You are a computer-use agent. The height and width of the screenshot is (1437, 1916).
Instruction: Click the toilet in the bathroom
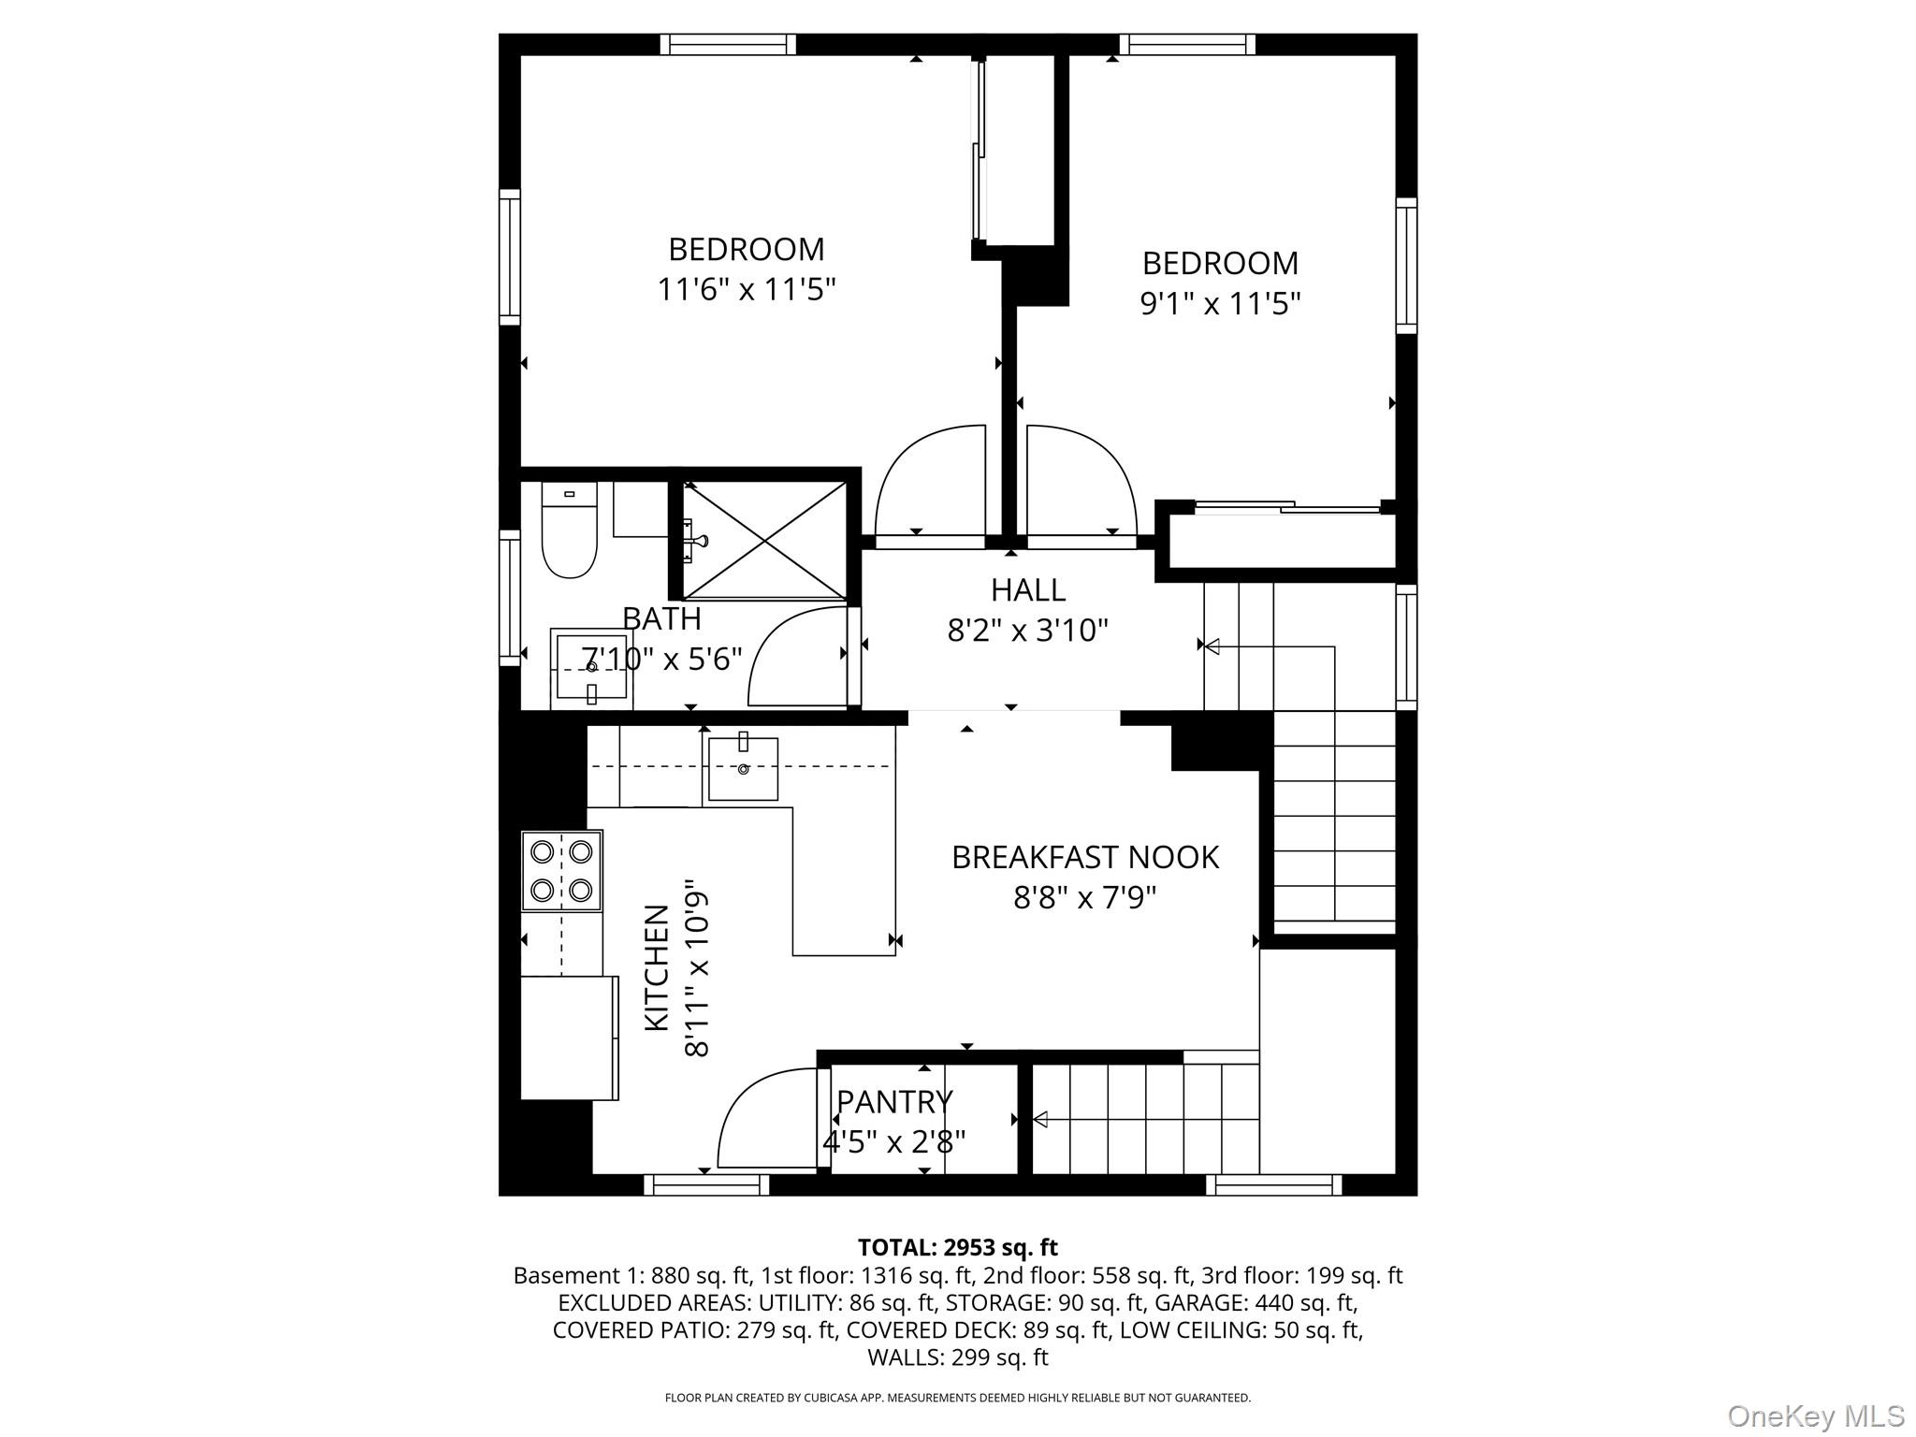pos(569,533)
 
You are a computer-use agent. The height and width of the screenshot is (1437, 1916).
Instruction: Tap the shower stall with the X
pos(764,541)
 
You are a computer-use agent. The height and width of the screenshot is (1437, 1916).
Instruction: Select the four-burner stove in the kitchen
pos(561,870)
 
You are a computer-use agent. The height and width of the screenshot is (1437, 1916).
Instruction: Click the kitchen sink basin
pos(743,769)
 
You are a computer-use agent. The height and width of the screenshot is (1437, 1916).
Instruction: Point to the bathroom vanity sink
pos(590,666)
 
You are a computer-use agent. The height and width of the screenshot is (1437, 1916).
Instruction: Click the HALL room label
pos(1027,590)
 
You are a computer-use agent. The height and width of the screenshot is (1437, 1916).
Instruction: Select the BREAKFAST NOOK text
pos(1084,857)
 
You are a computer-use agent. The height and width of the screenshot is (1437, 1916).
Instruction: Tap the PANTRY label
pos(893,1102)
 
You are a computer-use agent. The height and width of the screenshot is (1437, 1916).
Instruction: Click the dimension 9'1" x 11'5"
pos(1220,304)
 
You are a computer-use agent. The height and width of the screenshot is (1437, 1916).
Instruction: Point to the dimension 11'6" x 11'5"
pos(746,290)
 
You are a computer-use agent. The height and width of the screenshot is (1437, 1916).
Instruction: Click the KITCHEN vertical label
pos(657,967)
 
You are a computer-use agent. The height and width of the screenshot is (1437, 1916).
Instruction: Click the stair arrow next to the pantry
pos(1040,1119)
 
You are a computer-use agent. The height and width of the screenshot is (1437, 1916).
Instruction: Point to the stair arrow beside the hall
pos(1212,646)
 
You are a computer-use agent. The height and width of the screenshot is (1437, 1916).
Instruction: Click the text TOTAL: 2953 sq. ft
pos(957,1247)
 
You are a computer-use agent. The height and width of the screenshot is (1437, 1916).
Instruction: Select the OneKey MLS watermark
pos(1815,1415)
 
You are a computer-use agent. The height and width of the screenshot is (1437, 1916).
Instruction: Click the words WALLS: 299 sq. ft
pos(957,1357)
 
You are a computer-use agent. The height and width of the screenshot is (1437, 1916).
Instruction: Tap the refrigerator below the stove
pos(569,1037)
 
